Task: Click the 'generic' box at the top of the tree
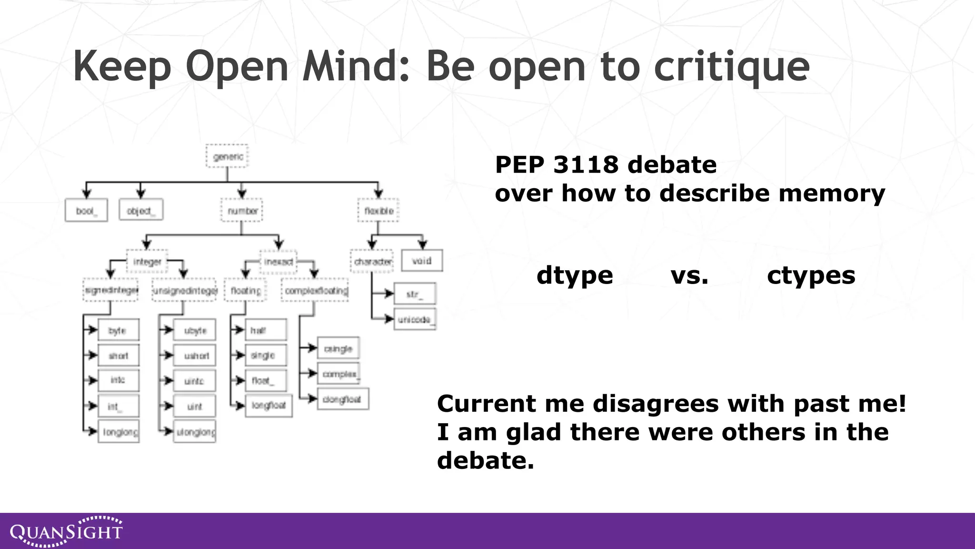coord(227,156)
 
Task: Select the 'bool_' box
coord(86,211)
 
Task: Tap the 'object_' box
coord(141,210)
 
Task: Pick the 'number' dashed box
coord(242,211)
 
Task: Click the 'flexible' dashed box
coord(378,211)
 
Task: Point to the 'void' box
coord(422,261)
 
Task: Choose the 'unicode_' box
coord(415,319)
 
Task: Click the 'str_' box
coord(415,294)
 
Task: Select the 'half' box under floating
coord(266,330)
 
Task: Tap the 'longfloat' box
coord(269,406)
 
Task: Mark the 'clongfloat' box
coord(342,399)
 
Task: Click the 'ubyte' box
coord(194,330)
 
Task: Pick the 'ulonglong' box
coord(195,432)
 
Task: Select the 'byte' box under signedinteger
coord(119,330)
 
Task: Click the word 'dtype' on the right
coord(575,276)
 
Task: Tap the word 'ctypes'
coord(811,276)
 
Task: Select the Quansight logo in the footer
coord(66,531)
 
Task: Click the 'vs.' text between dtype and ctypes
coord(689,276)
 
